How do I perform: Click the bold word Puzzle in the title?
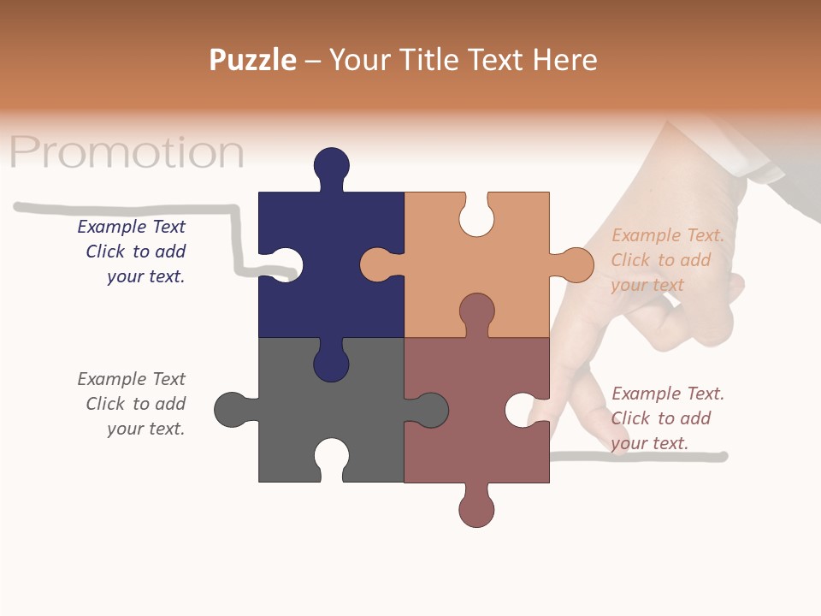tap(253, 60)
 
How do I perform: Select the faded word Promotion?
tap(127, 152)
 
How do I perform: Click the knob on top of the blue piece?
tap(332, 165)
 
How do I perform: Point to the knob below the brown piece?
tap(477, 509)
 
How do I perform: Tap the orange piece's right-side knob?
tap(577, 264)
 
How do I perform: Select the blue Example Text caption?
tap(132, 252)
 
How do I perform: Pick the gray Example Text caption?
tap(132, 404)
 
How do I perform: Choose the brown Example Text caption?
tap(667, 418)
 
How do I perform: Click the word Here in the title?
tap(564, 60)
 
